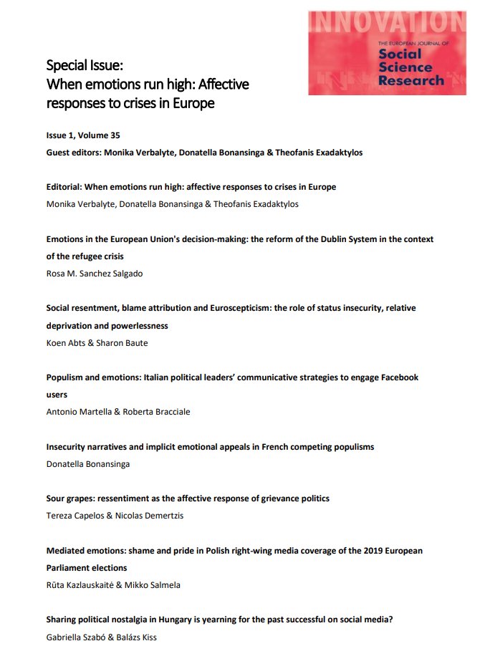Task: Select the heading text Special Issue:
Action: [x=85, y=66]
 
